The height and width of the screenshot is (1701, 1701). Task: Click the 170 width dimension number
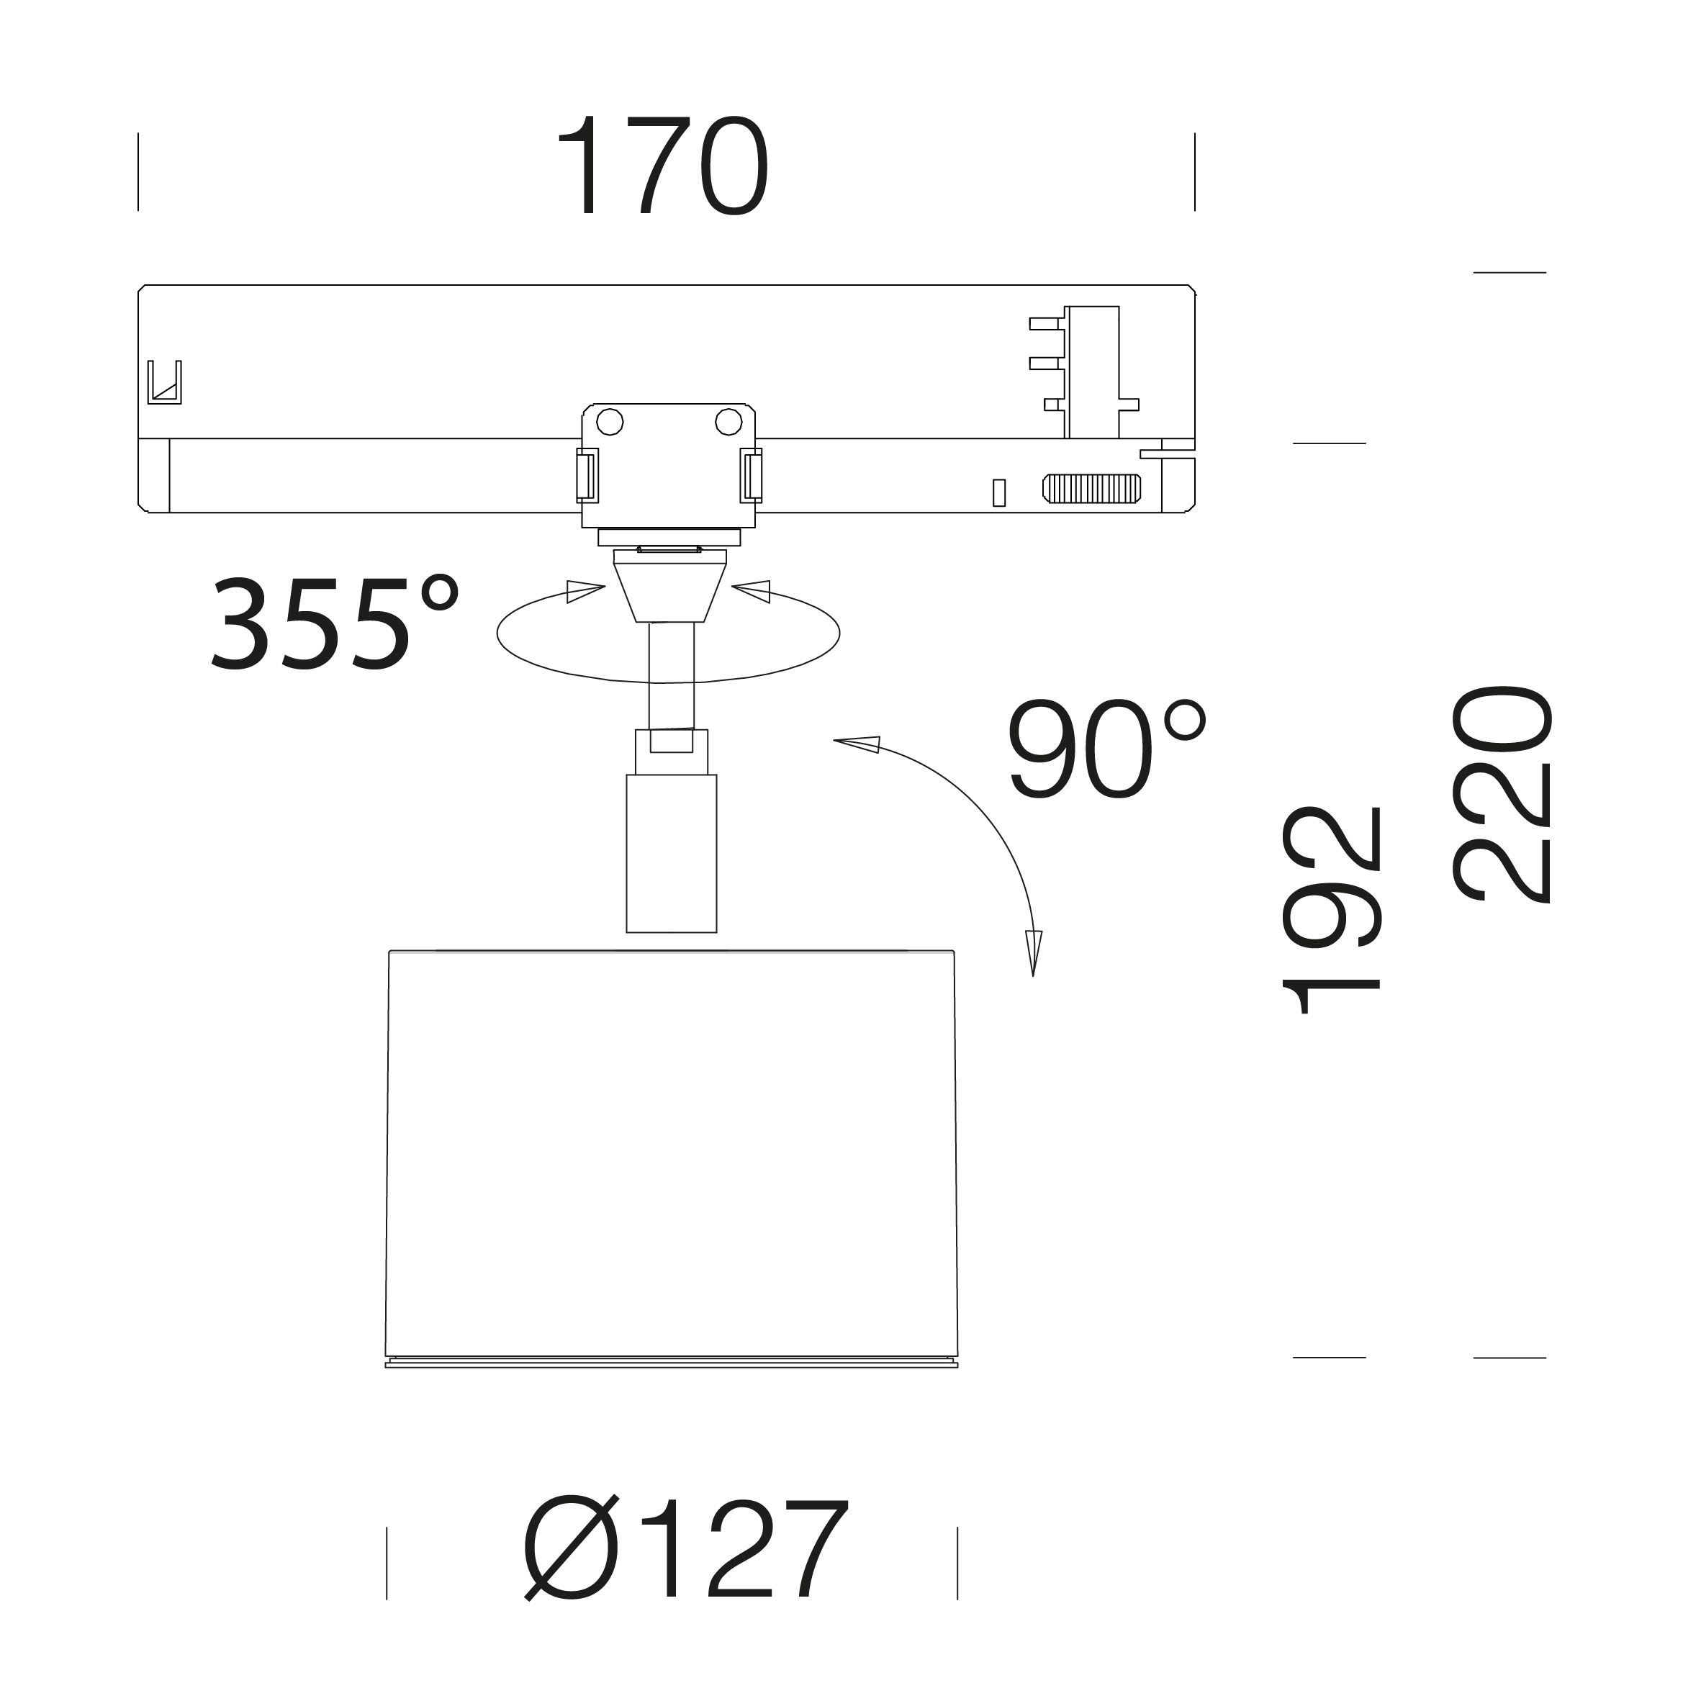click(x=663, y=166)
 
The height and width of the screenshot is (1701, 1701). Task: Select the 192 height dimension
click(x=1330, y=911)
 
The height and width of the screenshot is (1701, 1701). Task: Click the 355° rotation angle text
click(x=335, y=623)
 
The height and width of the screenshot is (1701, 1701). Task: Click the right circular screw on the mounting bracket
click(x=728, y=422)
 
